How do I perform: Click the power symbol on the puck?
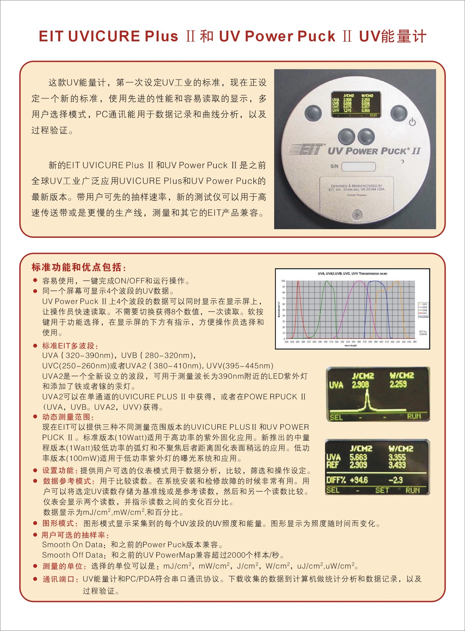pyautogui.click(x=412, y=122)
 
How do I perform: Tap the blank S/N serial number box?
pyautogui.click(x=358, y=166)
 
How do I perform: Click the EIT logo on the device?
pyautogui.click(x=307, y=150)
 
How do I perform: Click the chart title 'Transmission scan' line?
pyautogui.click(x=352, y=273)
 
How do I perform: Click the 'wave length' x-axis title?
pyautogui.click(x=351, y=345)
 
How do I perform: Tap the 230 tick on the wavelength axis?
pyautogui.click(x=287, y=342)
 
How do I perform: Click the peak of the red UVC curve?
pyautogui.click(x=298, y=281)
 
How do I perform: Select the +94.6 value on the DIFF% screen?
pyautogui.click(x=359, y=480)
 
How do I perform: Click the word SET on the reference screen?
pyautogui.click(x=382, y=490)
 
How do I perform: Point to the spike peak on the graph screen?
pyautogui.click(x=367, y=392)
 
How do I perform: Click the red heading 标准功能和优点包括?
pyautogui.click(x=79, y=267)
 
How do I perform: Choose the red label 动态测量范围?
pyautogui.click(x=68, y=417)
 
